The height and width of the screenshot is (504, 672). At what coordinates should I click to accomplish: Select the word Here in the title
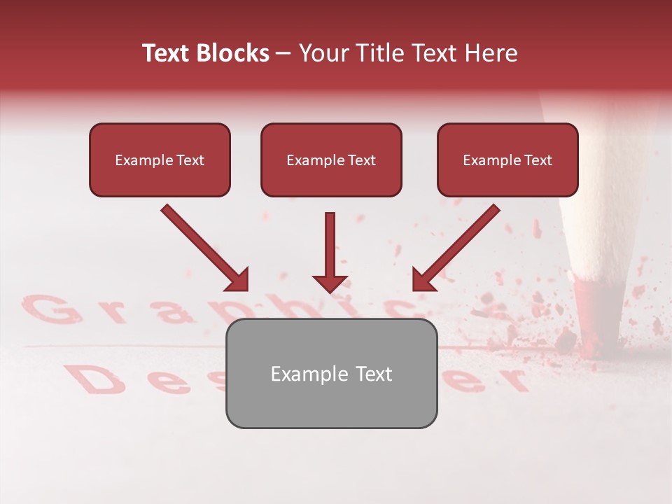pyautogui.click(x=489, y=53)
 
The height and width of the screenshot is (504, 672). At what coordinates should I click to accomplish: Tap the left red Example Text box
pyautogui.click(x=160, y=160)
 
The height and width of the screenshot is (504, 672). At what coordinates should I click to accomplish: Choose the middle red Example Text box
pyautogui.click(x=331, y=160)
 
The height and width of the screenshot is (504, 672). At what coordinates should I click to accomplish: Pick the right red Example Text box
pyautogui.click(x=507, y=160)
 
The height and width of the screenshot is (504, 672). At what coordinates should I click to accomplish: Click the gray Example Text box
pyautogui.click(x=331, y=374)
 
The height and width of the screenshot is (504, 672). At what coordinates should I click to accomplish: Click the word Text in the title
pyautogui.click(x=167, y=53)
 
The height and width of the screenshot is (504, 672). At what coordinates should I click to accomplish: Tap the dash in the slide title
pyautogui.click(x=283, y=54)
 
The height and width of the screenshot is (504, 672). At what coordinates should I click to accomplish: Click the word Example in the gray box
pyautogui.click(x=301, y=374)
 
